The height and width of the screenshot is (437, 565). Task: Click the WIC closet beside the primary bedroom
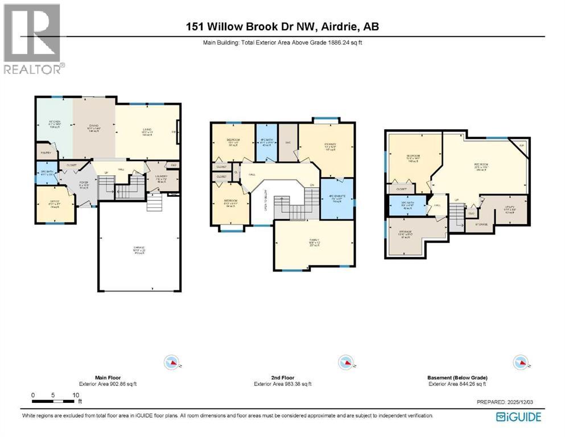[x=287, y=143]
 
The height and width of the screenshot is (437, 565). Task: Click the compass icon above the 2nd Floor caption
[x=344, y=362]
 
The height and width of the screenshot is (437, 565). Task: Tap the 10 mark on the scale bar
[x=75, y=395]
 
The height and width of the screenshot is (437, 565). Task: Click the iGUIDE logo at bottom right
[x=518, y=417]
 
